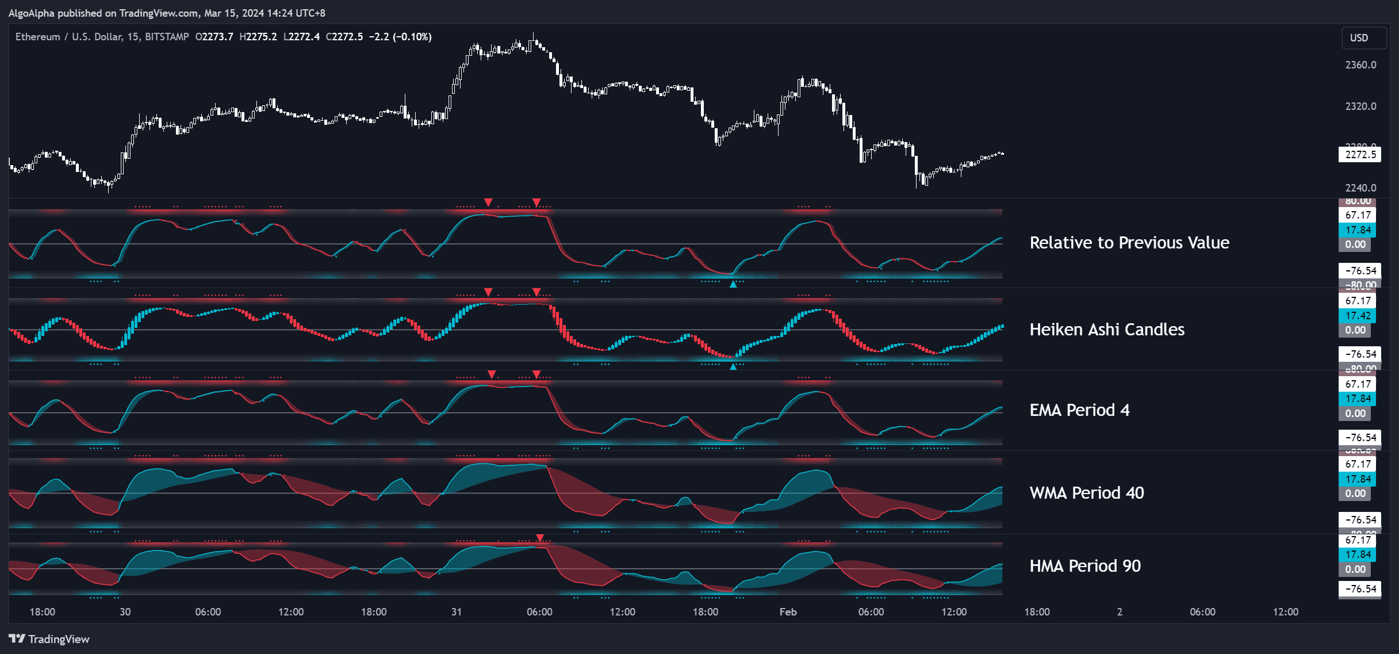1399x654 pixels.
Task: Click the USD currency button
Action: pyautogui.click(x=1359, y=37)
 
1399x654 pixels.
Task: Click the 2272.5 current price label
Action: pyautogui.click(x=1360, y=154)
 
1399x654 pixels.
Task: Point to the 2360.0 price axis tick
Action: pyautogui.click(x=1360, y=65)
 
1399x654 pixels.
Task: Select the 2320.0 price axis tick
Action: pyautogui.click(x=1360, y=106)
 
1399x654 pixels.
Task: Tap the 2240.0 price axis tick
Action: pyautogui.click(x=1360, y=188)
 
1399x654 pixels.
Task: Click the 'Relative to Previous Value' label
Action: pyautogui.click(x=1129, y=243)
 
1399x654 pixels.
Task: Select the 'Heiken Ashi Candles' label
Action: pyautogui.click(x=1106, y=330)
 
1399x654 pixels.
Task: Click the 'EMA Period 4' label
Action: pyautogui.click(x=1079, y=410)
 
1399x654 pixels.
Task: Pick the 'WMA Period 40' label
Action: pyautogui.click(x=1086, y=493)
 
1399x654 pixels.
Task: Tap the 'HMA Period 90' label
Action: pyautogui.click(x=1084, y=566)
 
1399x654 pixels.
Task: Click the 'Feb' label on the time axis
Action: pyautogui.click(x=788, y=612)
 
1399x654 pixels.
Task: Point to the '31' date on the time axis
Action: pyautogui.click(x=456, y=612)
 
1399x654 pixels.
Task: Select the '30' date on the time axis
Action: pyautogui.click(x=125, y=612)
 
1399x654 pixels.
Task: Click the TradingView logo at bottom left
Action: pyautogui.click(x=49, y=639)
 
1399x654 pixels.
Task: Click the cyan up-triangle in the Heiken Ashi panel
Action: pyautogui.click(x=733, y=366)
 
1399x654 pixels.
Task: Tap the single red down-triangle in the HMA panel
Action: pyautogui.click(x=539, y=538)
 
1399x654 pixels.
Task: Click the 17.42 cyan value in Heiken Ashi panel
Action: pyautogui.click(x=1358, y=316)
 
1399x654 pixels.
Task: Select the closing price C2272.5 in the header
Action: pyautogui.click(x=344, y=37)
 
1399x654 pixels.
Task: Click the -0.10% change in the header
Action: pyautogui.click(x=412, y=37)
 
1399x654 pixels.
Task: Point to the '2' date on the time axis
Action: pyautogui.click(x=1119, y=612)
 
